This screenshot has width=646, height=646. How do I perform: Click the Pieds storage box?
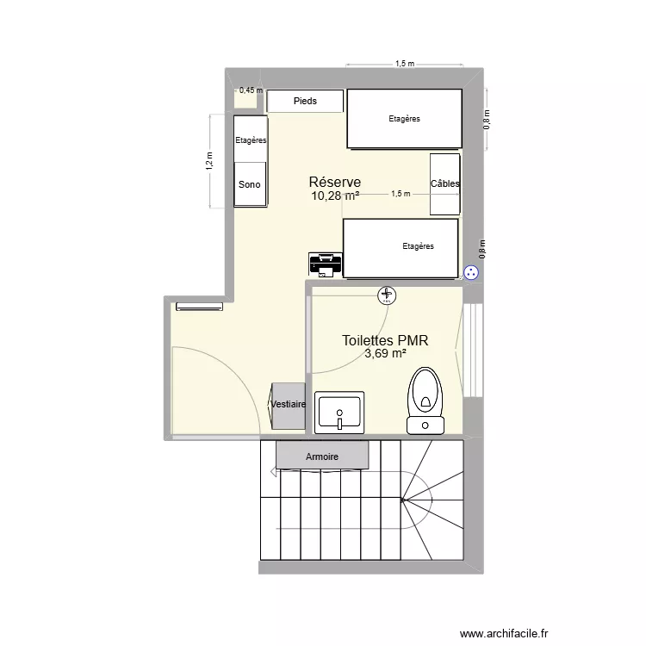click(x=305, y=102)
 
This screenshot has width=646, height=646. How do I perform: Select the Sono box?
click(x=250, y=184)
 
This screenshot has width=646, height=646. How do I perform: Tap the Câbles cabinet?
click(x=445, y=183)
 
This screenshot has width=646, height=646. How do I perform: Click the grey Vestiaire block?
click(x=289, y=405)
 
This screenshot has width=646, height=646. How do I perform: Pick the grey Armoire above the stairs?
click(x=322, y=456)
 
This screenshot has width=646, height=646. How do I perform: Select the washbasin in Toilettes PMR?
click(x=339, y=412)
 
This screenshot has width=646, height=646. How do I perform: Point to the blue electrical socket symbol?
click(x=471, y=272)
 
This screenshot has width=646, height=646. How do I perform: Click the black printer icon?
click(x=326, y=263)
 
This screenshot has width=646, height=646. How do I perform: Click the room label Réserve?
click(x=334, y=183)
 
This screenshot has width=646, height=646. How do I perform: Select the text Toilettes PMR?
click(x=385, y=341)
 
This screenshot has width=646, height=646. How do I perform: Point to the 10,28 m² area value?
click(x=335, y=196)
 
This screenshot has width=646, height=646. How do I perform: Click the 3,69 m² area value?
click(x=385, y=354)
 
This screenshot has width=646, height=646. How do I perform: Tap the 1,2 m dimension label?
click(x=208, y=161)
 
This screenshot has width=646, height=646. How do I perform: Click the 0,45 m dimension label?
click(x=251, y=90)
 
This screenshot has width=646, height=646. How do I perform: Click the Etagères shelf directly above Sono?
click(x=250, y=140)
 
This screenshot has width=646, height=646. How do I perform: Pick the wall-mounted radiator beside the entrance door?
click(x=199, y=306)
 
